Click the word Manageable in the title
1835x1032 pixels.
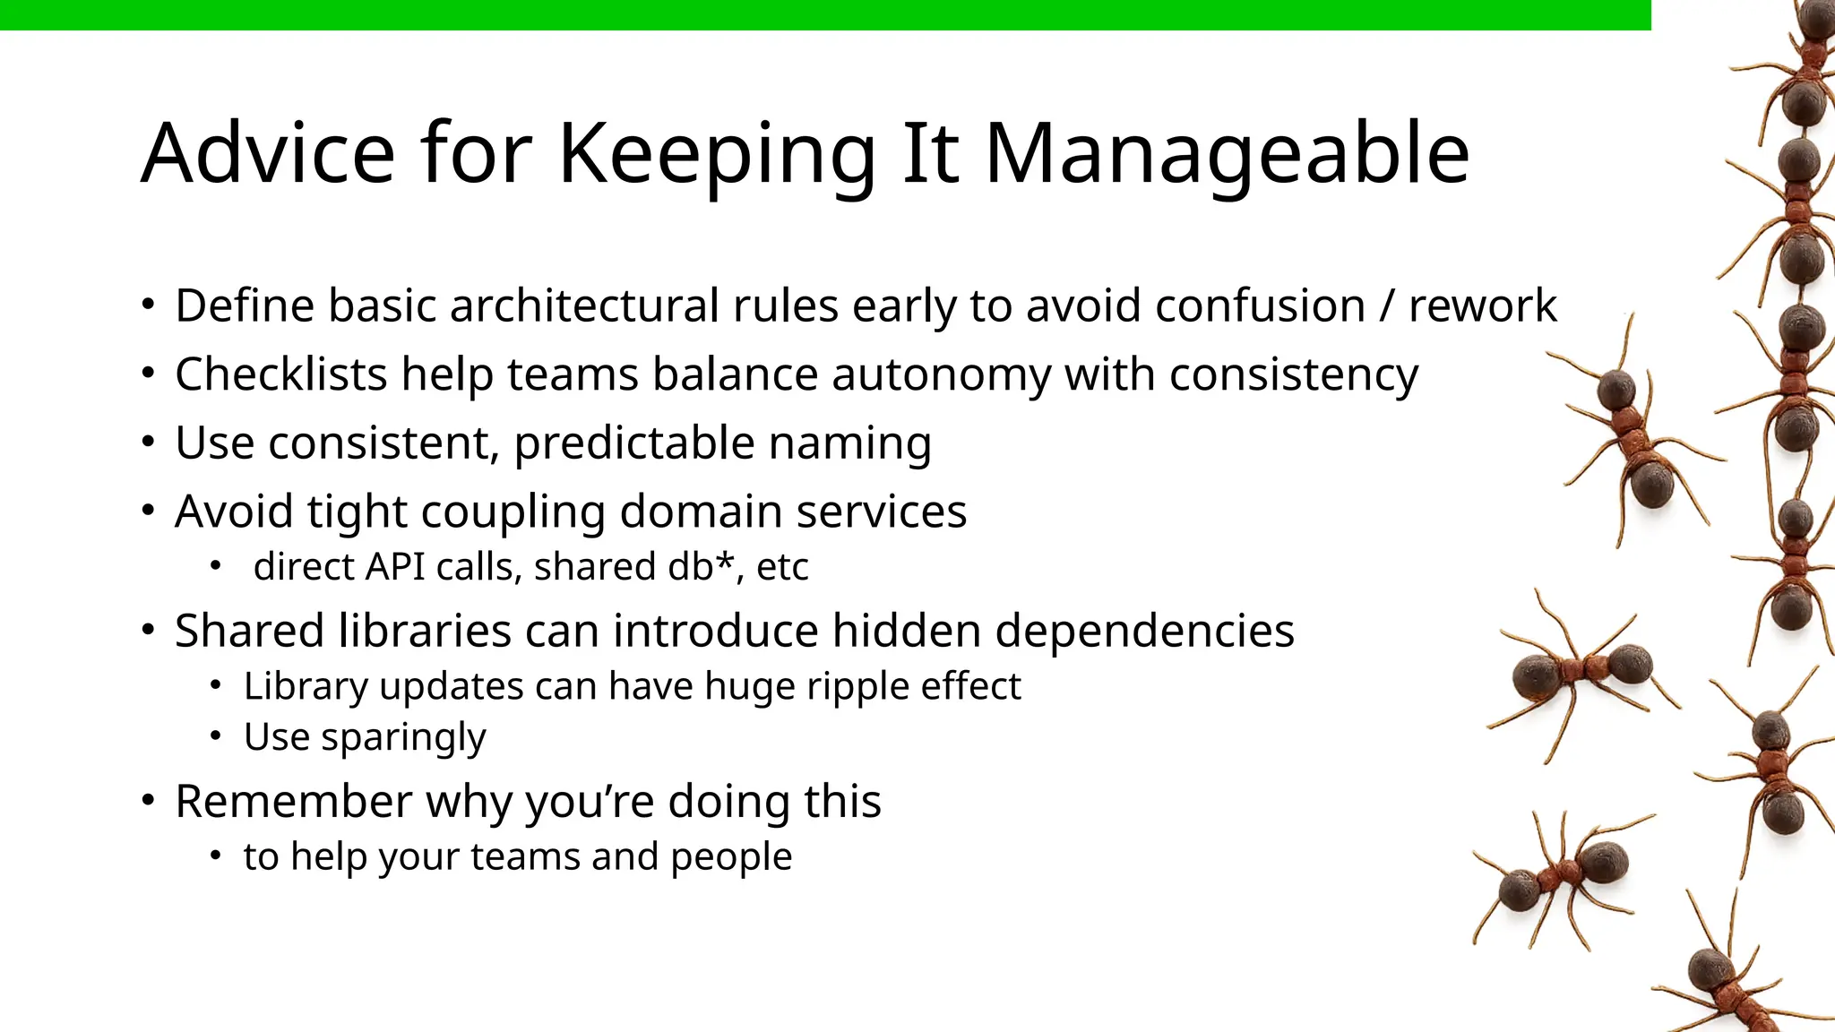coord(1227,154)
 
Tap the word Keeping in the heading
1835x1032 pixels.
coord(716,154)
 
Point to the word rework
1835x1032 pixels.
coord(1483,306)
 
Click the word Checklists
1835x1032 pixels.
coord(280,374)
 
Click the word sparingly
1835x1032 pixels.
coord(403,738)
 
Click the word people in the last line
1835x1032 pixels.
coord(731,857)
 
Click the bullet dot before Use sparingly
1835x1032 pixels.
coord(215,736)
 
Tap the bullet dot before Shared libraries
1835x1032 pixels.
coord(148,630)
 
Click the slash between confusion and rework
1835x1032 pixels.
coord(1387,306)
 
